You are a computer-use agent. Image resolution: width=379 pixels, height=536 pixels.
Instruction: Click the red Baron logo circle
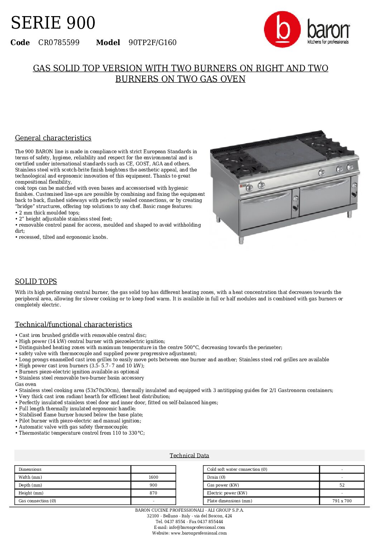click(x=282, y=29)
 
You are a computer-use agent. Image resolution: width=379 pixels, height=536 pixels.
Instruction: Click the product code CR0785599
click(x=59, y=43)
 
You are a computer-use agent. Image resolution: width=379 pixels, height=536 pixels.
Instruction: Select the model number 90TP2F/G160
click(x=153, y=43)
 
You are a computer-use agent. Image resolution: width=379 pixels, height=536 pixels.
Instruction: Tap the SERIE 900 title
click(x=53, y=23)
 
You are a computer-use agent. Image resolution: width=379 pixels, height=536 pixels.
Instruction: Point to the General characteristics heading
click(x=53, y=138)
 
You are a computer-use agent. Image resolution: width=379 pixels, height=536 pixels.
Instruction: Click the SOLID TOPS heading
click(x=36, y=281)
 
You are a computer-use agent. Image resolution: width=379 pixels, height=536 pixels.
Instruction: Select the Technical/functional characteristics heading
click(x=73, y=324)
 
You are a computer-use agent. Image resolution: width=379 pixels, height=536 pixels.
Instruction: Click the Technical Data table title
click(x=189, y=455)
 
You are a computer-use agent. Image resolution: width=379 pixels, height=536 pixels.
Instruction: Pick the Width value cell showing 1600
click(x=153, y=477)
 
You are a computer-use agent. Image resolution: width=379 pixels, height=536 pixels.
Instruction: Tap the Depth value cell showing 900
click(x=153, y=485)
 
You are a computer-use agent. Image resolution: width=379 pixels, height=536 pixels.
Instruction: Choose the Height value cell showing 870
click(x=153, y=493)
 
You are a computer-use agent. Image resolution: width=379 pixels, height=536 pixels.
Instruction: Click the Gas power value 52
click(x=342, y=485)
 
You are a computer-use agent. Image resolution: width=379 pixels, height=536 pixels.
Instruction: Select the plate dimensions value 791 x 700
click(x=342, y=501)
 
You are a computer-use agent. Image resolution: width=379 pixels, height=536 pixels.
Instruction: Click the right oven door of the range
click(x=324, y=197)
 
